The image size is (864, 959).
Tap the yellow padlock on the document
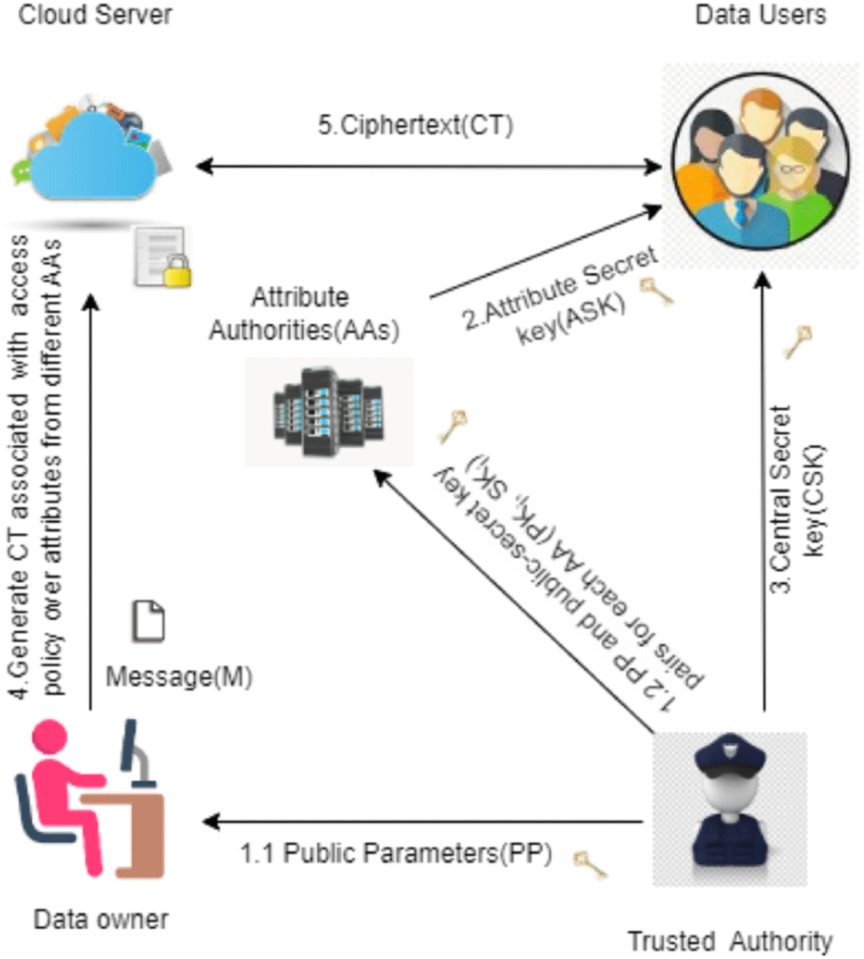[176, 273]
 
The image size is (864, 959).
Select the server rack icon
[329, 412]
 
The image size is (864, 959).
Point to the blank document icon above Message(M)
[149, 621]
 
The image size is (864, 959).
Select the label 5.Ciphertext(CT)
[415, 125]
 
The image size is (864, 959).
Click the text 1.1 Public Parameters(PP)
[396, 854]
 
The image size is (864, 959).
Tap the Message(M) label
[179, 677]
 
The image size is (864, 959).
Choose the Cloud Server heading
[95, 15]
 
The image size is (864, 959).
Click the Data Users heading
[760, 15]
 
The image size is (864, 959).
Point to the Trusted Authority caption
[730, 941]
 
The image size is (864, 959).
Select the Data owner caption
[101, 920]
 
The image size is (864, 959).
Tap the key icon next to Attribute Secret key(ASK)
[657, 291]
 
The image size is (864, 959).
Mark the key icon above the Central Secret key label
[799, 341]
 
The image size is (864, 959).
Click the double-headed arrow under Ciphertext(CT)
[428, 166]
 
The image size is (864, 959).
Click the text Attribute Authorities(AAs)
[303, 314]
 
